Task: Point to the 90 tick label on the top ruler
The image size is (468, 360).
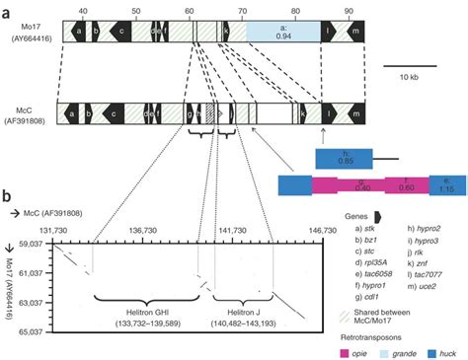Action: (x=348, y=10)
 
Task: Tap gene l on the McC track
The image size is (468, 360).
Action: (x=328, y=114)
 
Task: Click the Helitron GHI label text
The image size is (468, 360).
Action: (x=143, y=312)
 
